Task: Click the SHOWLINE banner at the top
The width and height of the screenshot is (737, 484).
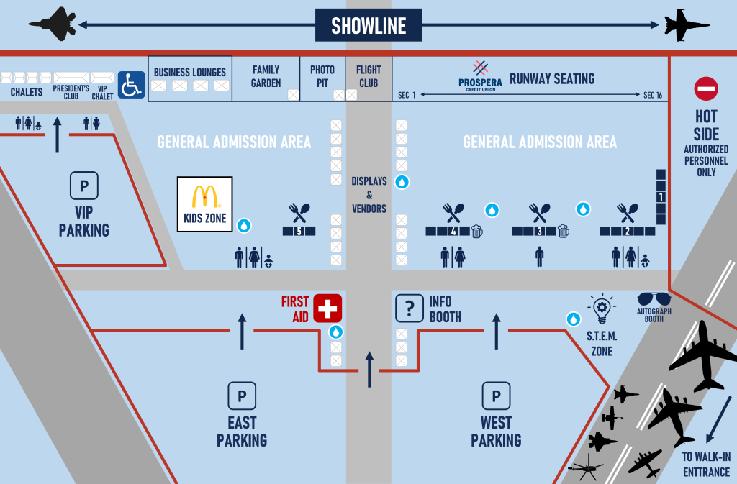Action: point(368,26)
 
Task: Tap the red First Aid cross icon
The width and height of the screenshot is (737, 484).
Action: point(327,309)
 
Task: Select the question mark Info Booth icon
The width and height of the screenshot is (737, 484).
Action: point(410,308)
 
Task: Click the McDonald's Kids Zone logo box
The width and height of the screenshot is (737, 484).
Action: point(205,204)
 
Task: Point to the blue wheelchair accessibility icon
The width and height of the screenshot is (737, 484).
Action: point(131,84)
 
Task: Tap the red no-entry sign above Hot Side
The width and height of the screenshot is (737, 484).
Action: point(706,89)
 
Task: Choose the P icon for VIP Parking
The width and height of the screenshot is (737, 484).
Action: point(84,186)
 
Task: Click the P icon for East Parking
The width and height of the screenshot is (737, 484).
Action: point(242,396)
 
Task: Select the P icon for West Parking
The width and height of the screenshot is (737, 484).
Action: point(496,396)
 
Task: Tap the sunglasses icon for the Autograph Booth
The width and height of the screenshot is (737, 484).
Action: point(654,299)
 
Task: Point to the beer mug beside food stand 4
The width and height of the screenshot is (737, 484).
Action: point(476,231)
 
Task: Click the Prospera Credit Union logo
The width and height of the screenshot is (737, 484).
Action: point(480,74)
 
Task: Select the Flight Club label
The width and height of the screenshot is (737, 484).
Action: point(368,76)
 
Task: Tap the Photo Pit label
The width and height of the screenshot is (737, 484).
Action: point(322,76)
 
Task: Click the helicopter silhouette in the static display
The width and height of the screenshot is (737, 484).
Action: point(586,470)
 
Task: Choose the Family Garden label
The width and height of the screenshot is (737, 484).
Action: point(266,76)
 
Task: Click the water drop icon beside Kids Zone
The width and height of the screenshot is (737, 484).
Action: point(244,226)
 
